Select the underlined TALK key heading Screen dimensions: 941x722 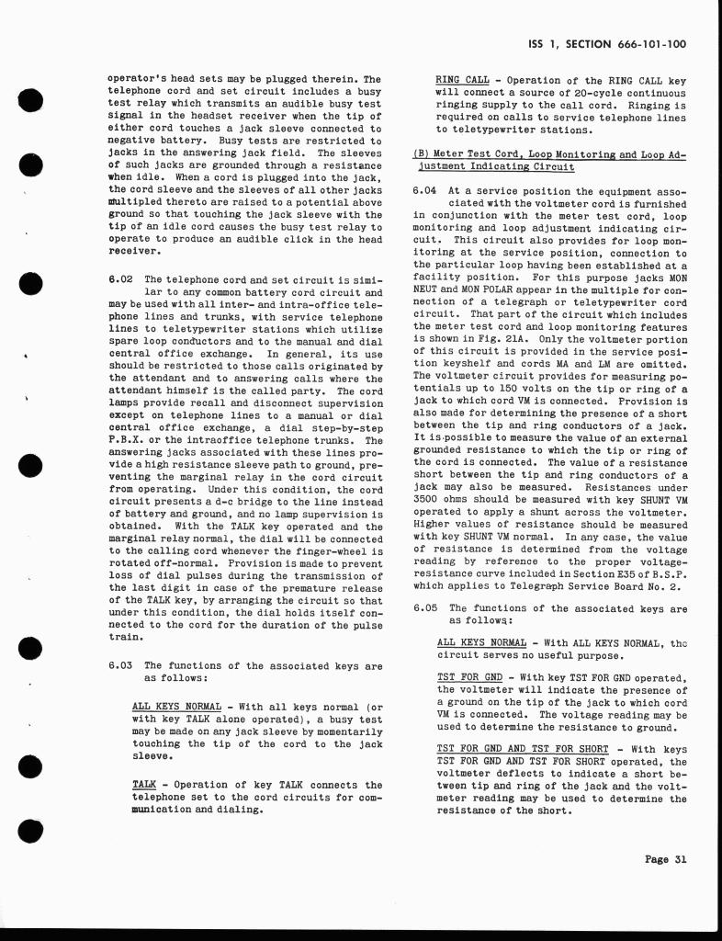(x=144, y=785)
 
